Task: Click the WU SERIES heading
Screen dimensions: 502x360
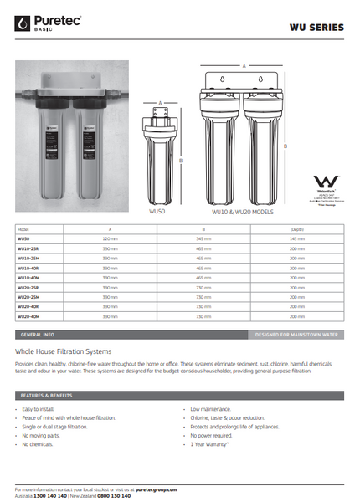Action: (316, 28)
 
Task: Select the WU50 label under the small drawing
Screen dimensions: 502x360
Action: (157, 212)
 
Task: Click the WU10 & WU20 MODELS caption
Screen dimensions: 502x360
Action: (242, 212)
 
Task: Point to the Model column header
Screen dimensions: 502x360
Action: (23, 228)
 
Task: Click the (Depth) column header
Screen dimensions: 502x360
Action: (296, 228)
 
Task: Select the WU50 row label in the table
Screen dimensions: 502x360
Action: (23, 238)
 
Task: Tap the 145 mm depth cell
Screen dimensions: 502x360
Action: (296, 238)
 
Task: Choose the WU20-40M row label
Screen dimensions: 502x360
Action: (29, 317)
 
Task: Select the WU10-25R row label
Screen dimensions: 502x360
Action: (29, 248)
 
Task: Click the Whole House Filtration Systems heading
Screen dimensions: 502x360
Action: (75, 352)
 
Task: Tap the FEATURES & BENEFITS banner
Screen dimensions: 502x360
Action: (47, 394)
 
